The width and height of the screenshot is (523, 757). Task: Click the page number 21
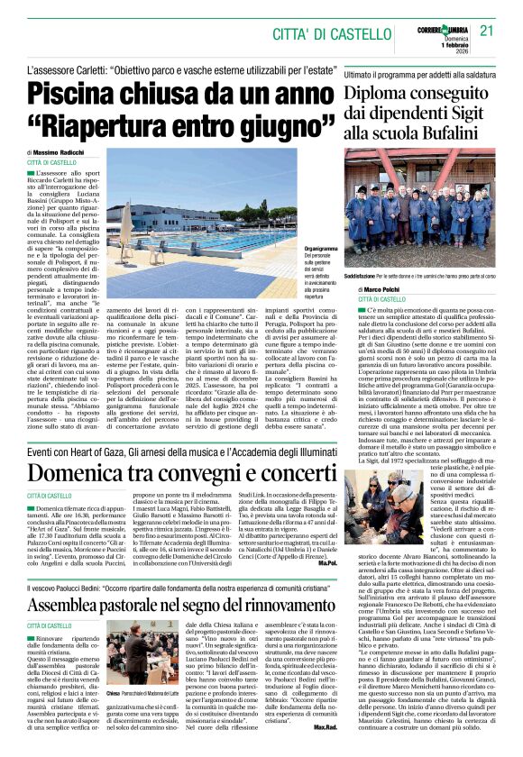click(487, 30)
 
